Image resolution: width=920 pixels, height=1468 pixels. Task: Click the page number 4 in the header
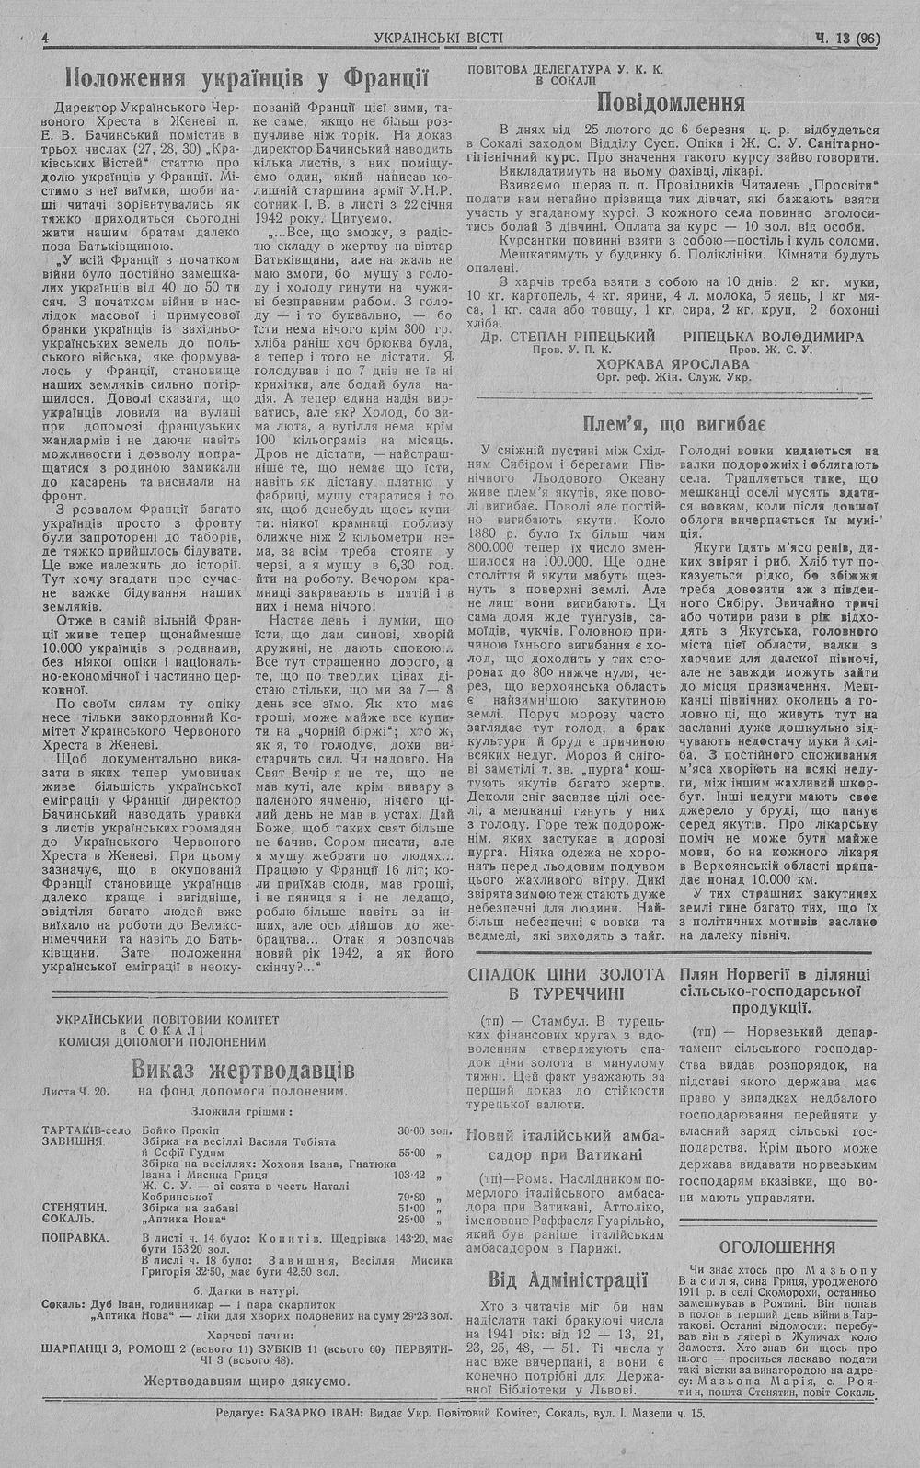click(45, 39)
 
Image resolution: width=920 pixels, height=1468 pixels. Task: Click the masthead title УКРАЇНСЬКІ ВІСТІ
click(440, 39)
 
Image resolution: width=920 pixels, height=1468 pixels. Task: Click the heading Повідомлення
click(671, 101)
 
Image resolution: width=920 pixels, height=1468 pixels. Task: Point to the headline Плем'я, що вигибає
click(675, 424)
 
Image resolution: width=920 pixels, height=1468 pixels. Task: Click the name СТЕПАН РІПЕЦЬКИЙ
click(581, 337)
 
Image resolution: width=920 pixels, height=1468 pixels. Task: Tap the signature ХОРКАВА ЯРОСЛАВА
click(673, 363)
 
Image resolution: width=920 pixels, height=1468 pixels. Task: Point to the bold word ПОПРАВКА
click(75, 1237)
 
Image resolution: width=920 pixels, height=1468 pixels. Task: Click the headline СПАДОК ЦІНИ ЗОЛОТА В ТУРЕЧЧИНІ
click(566, 984)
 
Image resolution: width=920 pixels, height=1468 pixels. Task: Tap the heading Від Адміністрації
click(567, 1279)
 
